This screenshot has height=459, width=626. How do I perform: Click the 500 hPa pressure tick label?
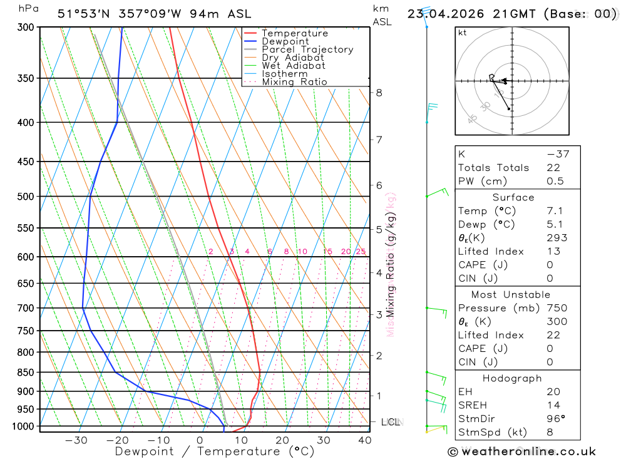tap(26, 197)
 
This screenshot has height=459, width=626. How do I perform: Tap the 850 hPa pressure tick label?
tap(26, 373)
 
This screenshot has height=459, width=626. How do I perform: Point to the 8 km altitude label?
tap(379, 93)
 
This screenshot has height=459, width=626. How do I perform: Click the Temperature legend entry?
tap(294, 33)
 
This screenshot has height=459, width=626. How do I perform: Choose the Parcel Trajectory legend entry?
tap(307, 49)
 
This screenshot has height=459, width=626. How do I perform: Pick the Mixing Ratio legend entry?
tap(294, 82)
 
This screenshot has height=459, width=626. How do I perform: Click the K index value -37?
tap(557, 154)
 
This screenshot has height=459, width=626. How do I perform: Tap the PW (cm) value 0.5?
tap(555, 182)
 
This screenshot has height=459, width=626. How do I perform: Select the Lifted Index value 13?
tap(552, 252)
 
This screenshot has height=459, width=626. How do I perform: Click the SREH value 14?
tap(553, 405)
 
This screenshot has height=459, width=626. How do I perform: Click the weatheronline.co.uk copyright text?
tap(521, 451)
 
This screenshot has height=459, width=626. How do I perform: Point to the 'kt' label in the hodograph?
tap(463, 33)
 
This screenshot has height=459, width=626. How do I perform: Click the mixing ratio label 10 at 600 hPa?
tap(302, 252)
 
